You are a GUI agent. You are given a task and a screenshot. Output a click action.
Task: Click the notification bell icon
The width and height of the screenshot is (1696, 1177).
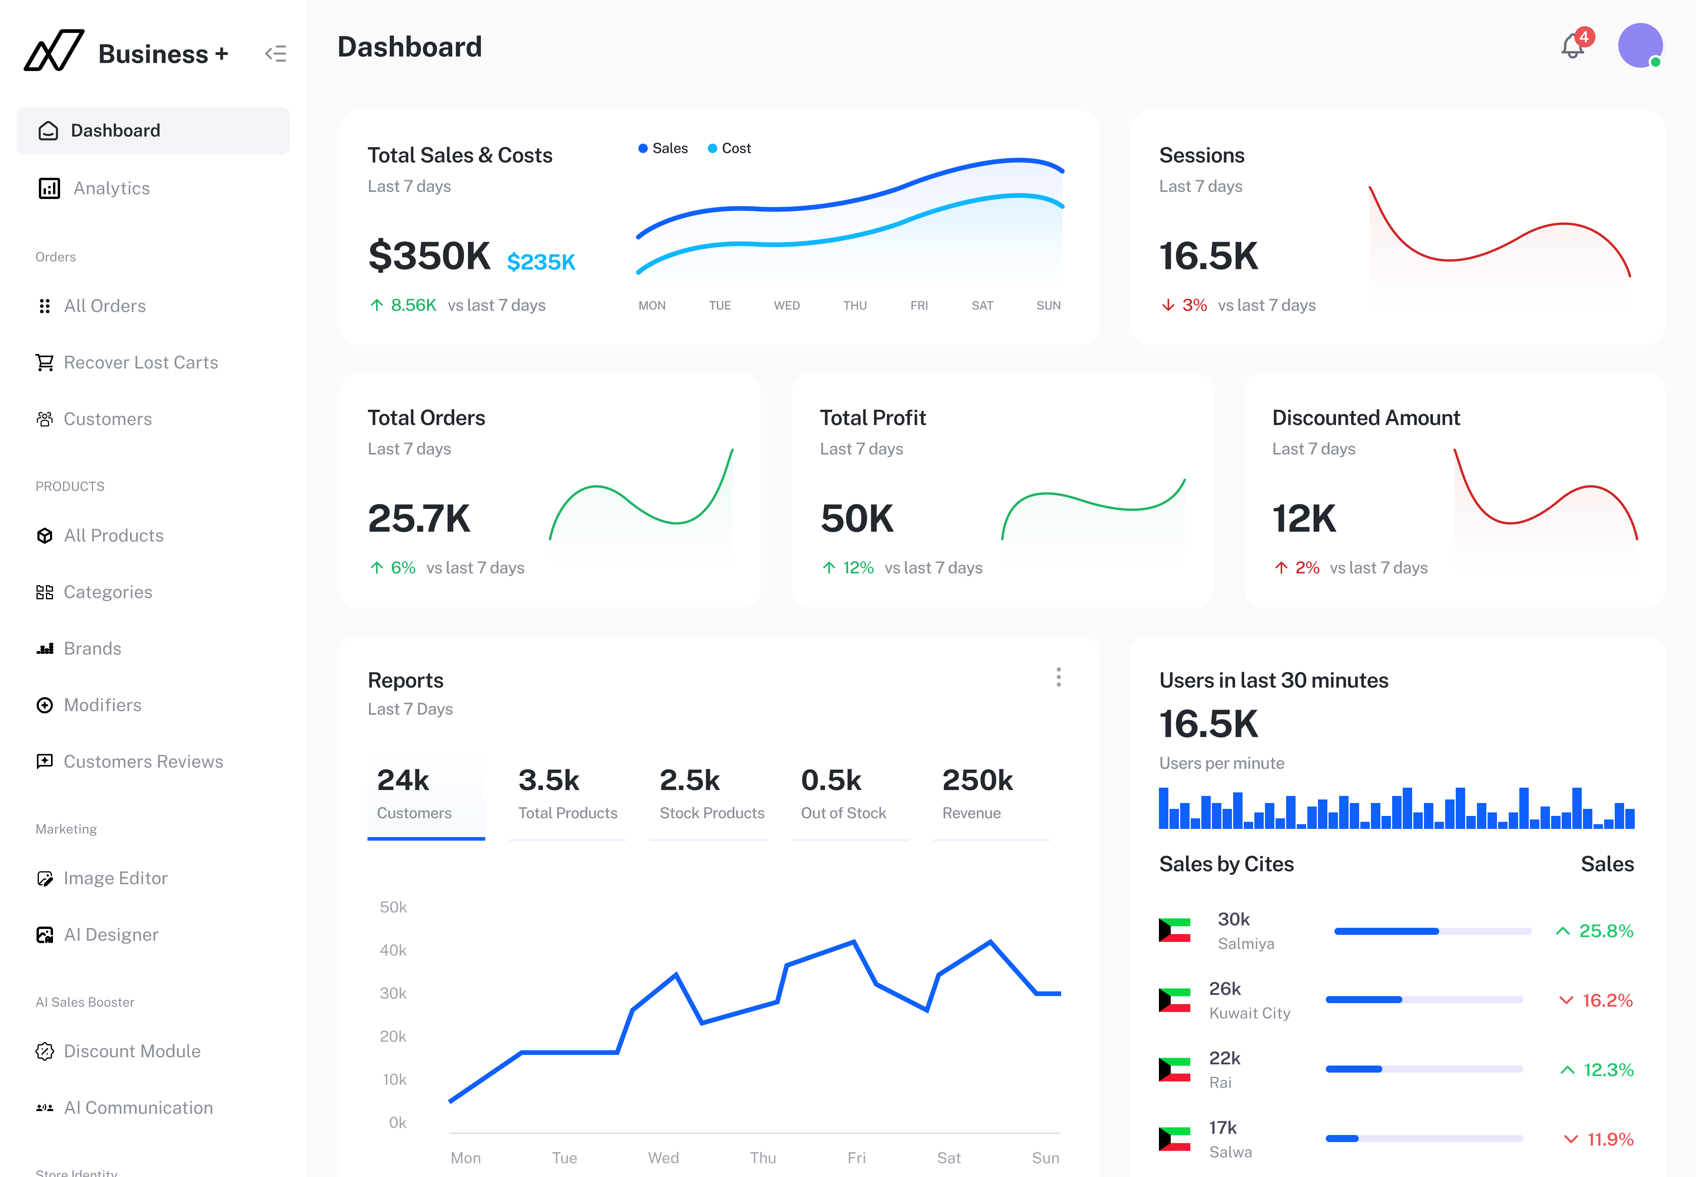(1572, 47)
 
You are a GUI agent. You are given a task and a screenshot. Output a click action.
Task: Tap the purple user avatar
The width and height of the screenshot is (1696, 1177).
(1639, 46)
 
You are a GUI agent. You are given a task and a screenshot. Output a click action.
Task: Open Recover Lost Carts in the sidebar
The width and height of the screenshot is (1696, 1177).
(140, 363)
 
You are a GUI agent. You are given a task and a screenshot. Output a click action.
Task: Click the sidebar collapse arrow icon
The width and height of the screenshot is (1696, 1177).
(275, 54)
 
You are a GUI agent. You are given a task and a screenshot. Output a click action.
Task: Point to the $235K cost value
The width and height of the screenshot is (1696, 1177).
(541, 262)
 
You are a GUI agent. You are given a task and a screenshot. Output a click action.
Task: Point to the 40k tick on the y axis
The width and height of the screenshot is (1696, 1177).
(393, 951)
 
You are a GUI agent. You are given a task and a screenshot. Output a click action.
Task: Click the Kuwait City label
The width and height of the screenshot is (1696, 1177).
(1250, 1013)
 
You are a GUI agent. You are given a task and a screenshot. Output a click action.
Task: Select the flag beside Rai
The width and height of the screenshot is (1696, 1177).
(1174, 1069)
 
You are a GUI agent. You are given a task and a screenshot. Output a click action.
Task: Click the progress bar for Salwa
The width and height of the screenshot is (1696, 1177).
(1424, 1139)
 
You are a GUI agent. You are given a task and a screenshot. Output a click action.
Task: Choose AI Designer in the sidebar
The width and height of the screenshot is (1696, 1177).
(111, 935)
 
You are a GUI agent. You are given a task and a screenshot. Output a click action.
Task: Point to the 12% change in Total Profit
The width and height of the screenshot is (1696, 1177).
(858, 568)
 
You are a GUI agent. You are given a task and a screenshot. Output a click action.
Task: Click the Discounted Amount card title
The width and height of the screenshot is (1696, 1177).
(1365, 418)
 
